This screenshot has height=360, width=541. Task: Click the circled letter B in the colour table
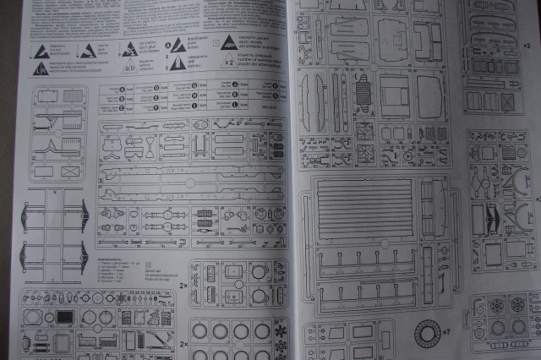click(x=123, y=97)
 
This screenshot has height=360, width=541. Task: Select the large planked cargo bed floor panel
click(x=365, y=206)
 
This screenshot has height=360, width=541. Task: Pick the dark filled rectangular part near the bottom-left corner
click(x=65, y=317)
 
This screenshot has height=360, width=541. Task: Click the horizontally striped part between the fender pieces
click(x=361, y=88)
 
